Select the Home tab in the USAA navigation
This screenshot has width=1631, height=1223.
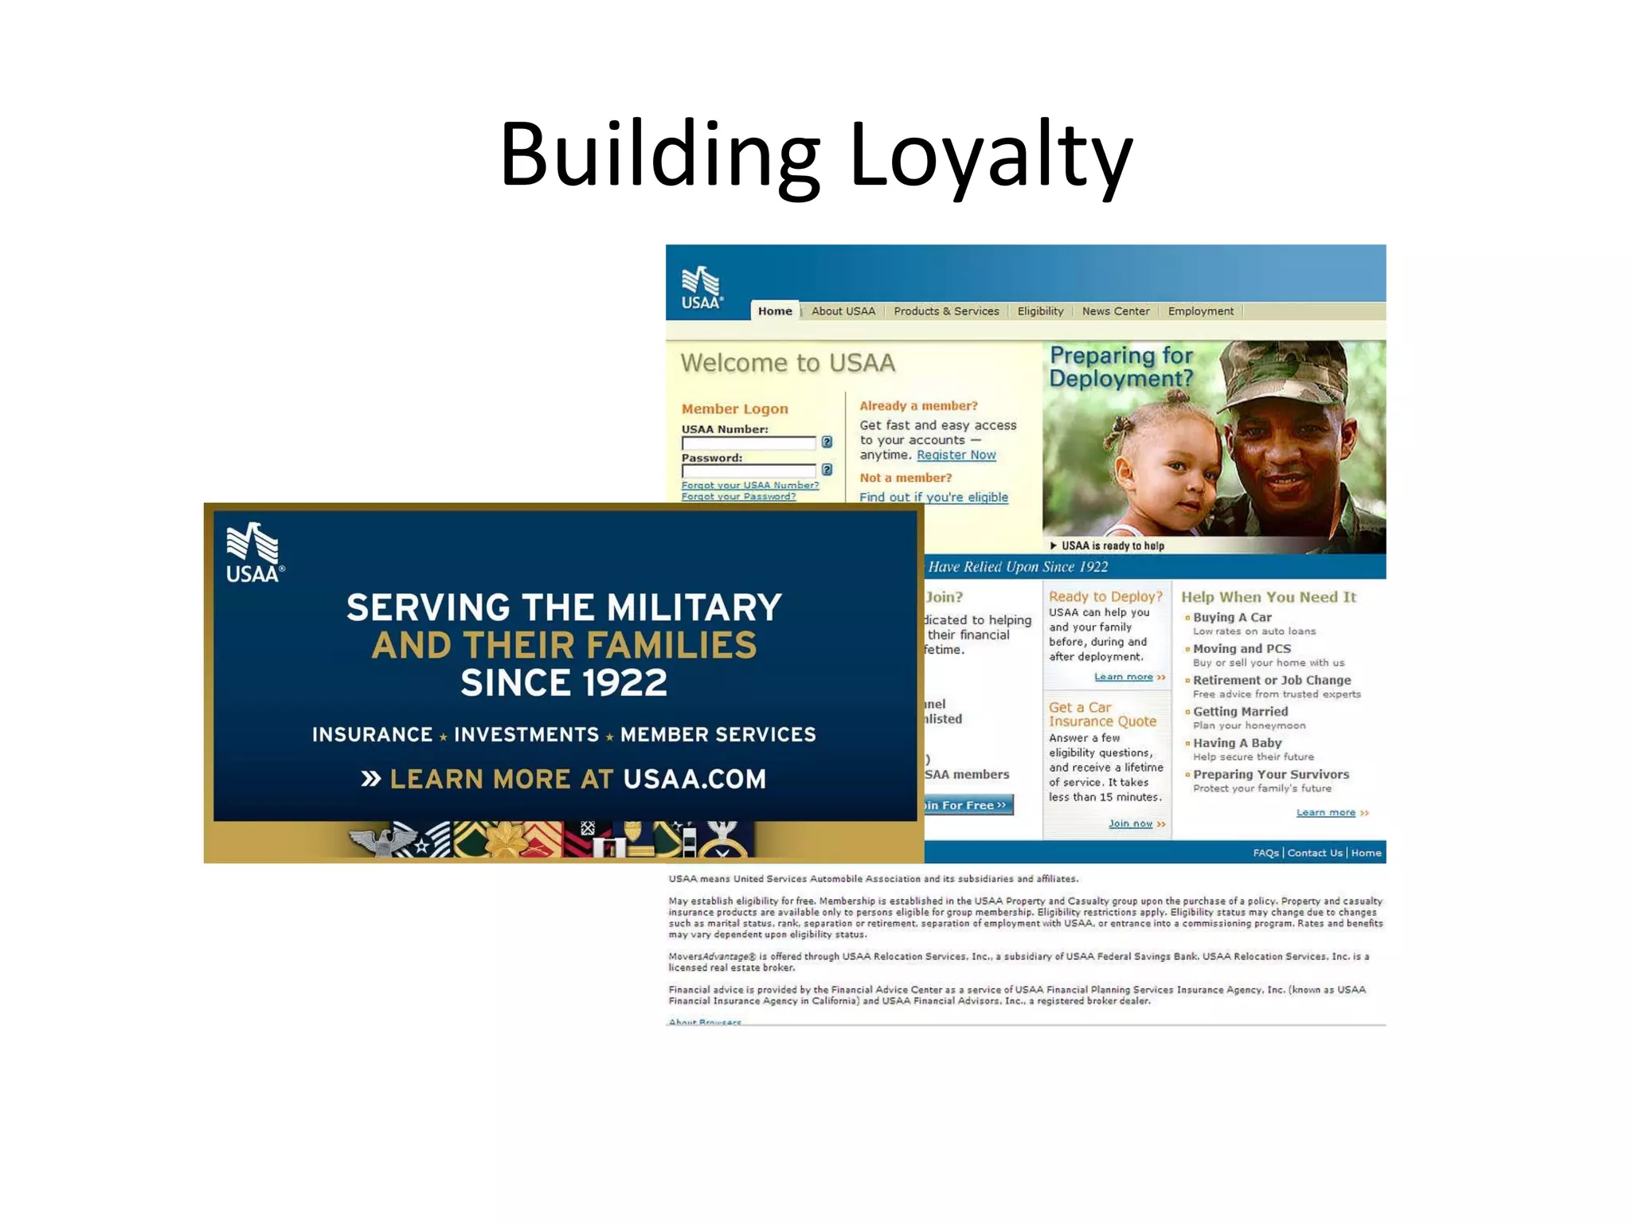point(774,311)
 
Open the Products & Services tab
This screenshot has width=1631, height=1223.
point(945,311)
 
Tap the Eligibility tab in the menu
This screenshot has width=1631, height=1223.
point(1039,311)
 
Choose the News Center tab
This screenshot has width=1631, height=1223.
point(1115,311)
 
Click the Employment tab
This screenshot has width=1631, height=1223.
point(1200,311)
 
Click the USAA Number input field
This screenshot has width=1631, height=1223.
point(749,443)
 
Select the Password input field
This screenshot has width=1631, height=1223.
point(749,471)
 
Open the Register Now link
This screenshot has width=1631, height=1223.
point(956,455)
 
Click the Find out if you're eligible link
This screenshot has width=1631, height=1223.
point(933,498)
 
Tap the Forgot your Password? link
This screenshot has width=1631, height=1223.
point(738,497)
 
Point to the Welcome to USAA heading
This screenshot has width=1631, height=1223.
point(788,363)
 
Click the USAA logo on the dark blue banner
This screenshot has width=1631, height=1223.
point(254,553)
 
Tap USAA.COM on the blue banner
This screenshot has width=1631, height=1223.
point(694,779)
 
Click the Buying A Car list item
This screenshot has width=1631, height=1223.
point(1231,618)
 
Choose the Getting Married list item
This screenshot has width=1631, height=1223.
point(1240,712)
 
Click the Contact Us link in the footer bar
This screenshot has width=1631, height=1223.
point(1314,853)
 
